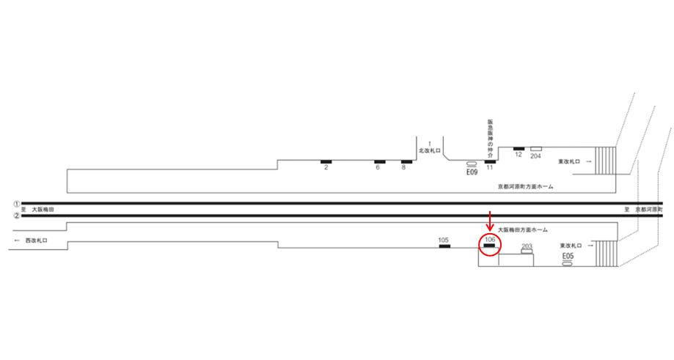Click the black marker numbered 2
[x=326, y=161]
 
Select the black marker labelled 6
[x=380, y=161]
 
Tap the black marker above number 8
[x=406, y=161]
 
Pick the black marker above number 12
[x=519, y=149]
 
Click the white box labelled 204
[x=536, y=149]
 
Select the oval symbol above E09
[x=472, y=164]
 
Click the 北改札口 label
[x=428, y=150]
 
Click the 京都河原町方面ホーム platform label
[x=525, y=187]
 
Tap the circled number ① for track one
[x=15, y=203]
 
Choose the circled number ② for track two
[x=15, y=216]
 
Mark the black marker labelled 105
[x=444, y=246]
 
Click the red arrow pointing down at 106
[x=490, y=221]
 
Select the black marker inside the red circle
[x=489, y=245]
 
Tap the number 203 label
[x=526, y=246]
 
